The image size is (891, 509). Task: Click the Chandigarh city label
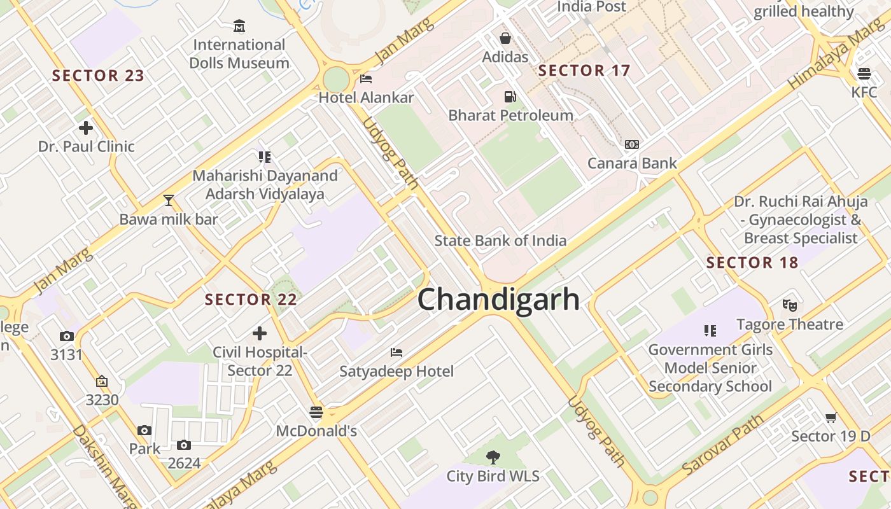click(498, 299)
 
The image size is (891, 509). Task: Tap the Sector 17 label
click(584, 71)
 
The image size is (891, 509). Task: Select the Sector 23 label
click(98, 76)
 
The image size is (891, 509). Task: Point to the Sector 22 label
click(251, 300)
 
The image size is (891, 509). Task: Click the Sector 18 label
click(752, 263)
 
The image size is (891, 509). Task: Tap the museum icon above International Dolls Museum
click(239, 26)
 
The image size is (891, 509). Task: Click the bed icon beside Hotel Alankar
click(366, 79)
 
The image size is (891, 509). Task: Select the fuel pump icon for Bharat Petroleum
click(510, 97)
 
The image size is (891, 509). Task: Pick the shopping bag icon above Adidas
click(505, 38)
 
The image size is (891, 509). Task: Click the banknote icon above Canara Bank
click(631, 144)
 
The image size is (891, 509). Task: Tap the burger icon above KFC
click(864, 73)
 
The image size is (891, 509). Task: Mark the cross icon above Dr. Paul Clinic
click(86, 128)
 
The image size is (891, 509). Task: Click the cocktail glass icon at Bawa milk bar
click(169, 200)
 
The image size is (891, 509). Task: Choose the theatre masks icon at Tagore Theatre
click(789, 305)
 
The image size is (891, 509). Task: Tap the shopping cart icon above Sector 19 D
click(830, 417)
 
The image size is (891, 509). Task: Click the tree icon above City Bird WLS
click(492, 457)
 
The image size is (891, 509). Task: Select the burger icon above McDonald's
click(316, 412)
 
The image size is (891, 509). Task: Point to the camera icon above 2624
click(184, 445)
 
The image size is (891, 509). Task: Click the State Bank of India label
click(500, 241)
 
